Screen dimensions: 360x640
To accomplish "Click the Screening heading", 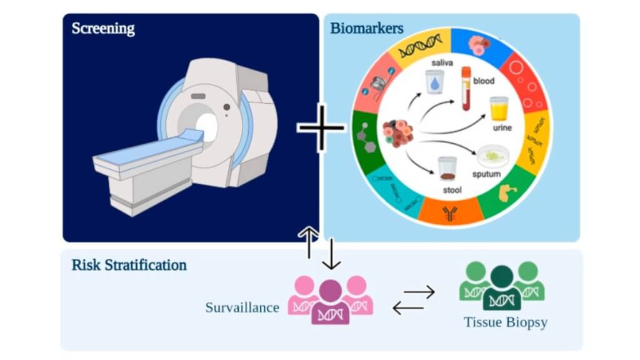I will [x=102, y=29].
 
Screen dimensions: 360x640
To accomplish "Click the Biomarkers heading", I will [x=366, y=29].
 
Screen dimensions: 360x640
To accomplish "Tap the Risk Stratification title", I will [x=129, y=264].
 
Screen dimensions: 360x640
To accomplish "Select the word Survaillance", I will [x=242, y=307].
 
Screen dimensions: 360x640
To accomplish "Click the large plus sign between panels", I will [x=321, y=127].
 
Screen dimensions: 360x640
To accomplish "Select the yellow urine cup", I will [x=498, y=109].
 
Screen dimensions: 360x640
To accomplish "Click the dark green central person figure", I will [x=502, y=288].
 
